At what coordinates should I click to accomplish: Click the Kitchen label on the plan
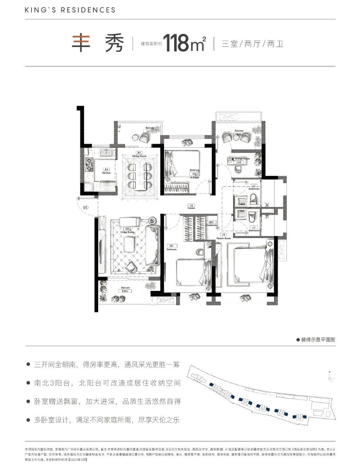click(x=95, y=173)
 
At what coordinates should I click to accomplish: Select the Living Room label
click(x=127, y=232)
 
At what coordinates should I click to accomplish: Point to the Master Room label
click(x=224, y=238)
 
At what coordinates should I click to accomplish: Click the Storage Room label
click(x=239, y=158)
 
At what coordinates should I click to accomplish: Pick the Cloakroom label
click(x=212, y=225)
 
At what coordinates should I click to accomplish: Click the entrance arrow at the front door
click(x=86, y=207)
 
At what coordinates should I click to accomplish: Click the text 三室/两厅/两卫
click(x=252, y=44)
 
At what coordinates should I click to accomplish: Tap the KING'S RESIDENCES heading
click(x=70, y=10)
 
